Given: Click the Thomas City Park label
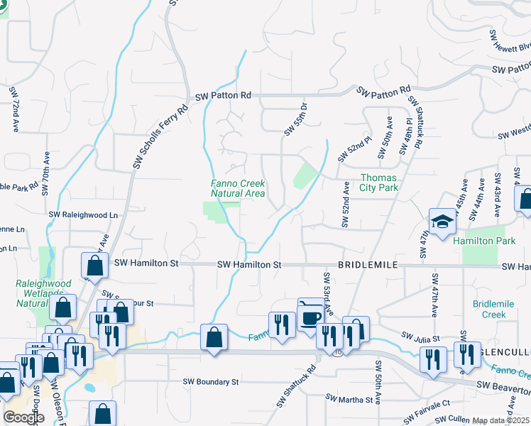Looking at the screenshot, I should tap(379, 182).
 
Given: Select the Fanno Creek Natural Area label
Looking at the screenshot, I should tap(238, 188).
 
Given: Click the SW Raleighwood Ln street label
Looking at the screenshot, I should tap(83, 214).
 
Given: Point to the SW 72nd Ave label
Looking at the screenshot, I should tap(13, 110).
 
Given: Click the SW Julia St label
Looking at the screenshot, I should tap(421, 337).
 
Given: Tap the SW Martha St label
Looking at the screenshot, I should tap(349, 399).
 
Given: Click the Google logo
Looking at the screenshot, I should tap(23, 417).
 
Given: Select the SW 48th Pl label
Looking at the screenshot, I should tap(405, 135).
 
